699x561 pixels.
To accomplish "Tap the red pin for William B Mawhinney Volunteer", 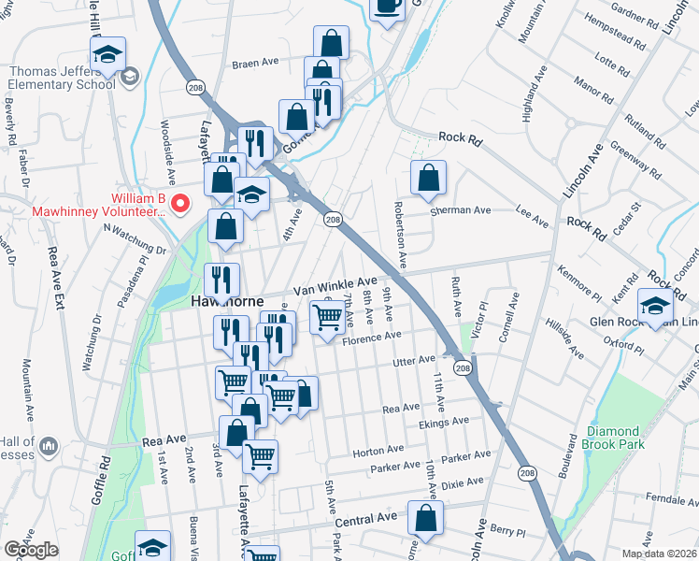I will (x=183, y=202).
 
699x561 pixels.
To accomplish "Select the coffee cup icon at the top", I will (x=387, y=6).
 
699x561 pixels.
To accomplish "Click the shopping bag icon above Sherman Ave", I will (x=428, y=177).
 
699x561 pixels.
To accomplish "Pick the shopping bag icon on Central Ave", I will (x=424, y=519).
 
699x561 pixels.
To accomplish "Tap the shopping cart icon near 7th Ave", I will (x=326, y=318).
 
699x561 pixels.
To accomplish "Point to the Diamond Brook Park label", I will (x=615, y=438).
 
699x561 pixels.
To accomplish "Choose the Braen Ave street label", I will (x=256, y=63).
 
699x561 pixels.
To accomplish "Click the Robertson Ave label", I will (x=401, y=230).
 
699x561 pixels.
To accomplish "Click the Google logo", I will (x=30, y=550).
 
